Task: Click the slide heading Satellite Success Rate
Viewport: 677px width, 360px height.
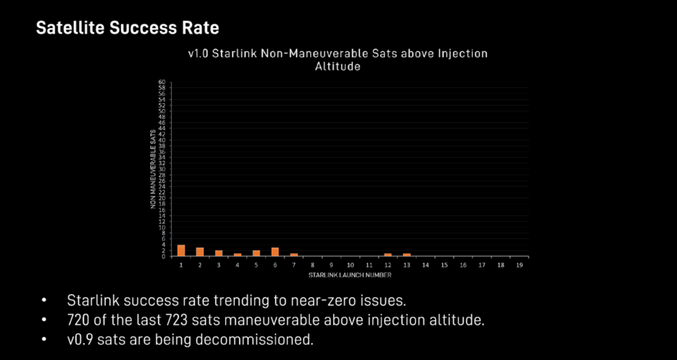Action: [x=127, y=28]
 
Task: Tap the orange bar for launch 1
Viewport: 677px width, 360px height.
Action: [x=181, y=250]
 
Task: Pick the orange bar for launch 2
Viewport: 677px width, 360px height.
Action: [x=200, y=252]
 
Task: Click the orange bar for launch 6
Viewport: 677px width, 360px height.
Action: [x=275, y=252]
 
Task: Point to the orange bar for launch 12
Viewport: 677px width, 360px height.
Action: [x=388, y=255]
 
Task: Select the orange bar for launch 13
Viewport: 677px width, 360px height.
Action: [x=407, y=255]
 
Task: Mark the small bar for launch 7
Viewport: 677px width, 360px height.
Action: [x=294, y=255]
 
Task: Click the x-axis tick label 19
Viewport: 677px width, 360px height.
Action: [x=519, y=265]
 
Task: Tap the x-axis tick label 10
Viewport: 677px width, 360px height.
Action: [x=350, y=265]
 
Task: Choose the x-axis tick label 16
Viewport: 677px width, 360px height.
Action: [x=463, y=265]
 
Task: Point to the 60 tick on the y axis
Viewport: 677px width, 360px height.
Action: [x=161, y=83]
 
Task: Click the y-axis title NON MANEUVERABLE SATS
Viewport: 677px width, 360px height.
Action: [x=152, y=169]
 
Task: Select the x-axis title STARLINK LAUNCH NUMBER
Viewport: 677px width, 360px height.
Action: [x=350, y=273]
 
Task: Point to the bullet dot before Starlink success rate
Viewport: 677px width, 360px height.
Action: [x=45, y=301]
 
